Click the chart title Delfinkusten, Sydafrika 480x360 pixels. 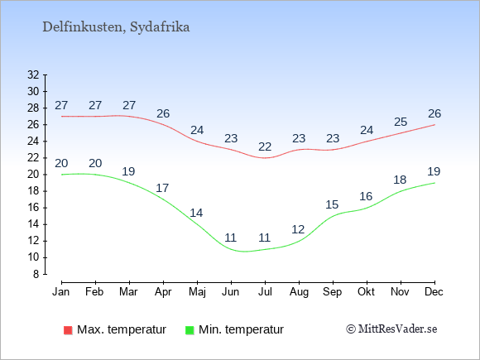click(116, 27)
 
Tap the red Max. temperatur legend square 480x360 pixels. click(68, 330)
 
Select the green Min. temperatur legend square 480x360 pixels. click(190, 330)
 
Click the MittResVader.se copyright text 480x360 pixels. click(391, 329)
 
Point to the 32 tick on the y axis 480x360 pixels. click(33, 74)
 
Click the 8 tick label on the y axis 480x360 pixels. click(36, 274)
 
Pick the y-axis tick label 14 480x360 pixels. click(33, 224)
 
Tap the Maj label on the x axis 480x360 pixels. click(197, 292)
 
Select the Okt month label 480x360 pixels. click(366, 292)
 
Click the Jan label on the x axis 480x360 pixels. click(61, 292)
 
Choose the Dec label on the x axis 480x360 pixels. click(434, 292)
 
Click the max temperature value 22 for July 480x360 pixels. click(265, 147)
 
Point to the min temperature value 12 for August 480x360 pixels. click(298, 229)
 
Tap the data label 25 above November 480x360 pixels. click(401, 122)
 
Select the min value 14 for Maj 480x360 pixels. click(196, 213)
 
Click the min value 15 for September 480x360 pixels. click(332, 204)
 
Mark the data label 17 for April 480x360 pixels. click(162, 188)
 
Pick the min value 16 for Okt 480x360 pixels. click(366, 196)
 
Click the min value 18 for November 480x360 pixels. click(400, 180)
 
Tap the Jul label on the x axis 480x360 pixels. click(265, 292)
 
